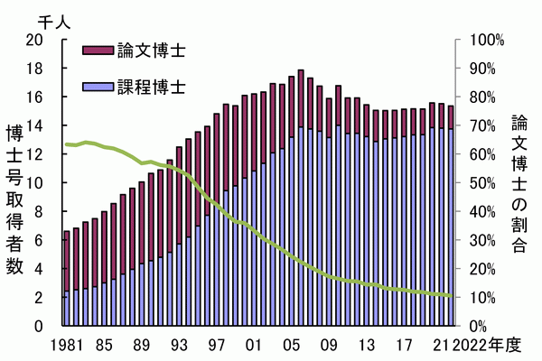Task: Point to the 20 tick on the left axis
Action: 35,40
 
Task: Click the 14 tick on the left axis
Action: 35,125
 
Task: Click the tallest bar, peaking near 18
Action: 301,199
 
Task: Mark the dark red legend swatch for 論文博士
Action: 98,49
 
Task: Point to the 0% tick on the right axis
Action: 480,326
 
